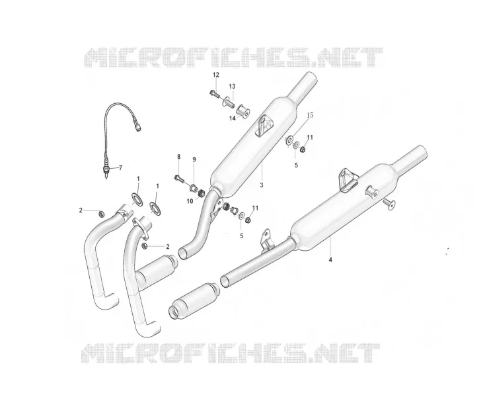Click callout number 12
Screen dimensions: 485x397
[215, 75]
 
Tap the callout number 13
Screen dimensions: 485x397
[232, 86]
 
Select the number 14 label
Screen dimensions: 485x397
[233, 118]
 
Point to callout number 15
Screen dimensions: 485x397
[310, 115]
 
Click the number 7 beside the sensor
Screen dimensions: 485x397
[121, 168]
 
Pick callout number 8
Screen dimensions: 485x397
[179, 157]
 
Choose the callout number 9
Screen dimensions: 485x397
[194, 159]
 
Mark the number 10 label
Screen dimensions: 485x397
[190, 201]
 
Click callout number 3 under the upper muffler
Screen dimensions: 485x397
[262, 185]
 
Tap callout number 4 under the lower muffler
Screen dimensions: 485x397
[330, 259]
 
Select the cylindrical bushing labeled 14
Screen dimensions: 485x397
[243, 111]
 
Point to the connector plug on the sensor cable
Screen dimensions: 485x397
[137, 126]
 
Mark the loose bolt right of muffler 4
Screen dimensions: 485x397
[389, 204]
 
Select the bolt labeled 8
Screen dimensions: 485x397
[178, 179]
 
